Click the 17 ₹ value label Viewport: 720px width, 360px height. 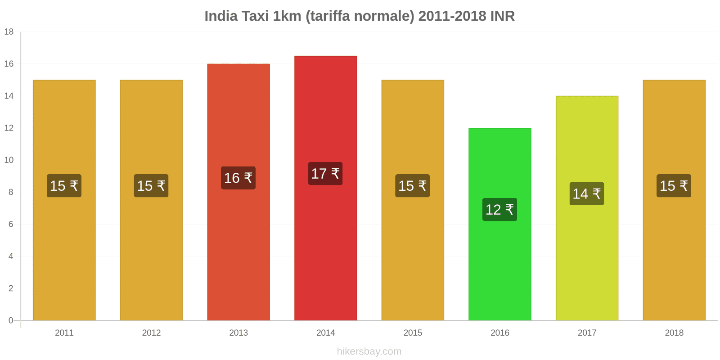tap(325, 174)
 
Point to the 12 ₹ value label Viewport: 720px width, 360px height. tap(499, 210)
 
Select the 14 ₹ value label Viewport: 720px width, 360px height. tap(587, 194)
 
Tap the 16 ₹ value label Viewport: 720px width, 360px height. tap(238, 178)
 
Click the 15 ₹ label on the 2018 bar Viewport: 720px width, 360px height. tap(674, 186)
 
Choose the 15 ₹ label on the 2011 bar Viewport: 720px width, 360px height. tap(64, 186)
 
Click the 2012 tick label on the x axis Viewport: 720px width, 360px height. tap(151, 333)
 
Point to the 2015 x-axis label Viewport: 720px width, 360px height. tap(413, 333)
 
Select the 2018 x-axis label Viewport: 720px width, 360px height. tap(674, 333)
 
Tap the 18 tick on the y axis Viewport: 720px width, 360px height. tap(9, 32)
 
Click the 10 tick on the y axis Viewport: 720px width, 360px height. tap(9, 160)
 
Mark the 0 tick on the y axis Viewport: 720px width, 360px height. tap(11, 320)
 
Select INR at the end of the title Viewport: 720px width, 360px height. tap(502, 16)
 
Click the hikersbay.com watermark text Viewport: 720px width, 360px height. tap(369, 351)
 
